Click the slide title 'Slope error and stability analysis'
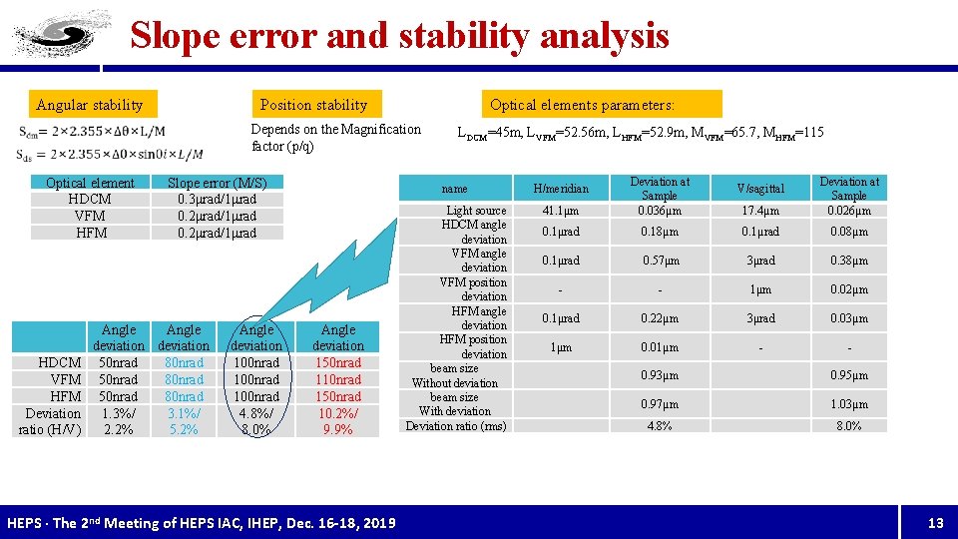(399, 36)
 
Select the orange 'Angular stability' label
(90, 105)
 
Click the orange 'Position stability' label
(313, 105)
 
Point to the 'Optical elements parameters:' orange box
(582, 105)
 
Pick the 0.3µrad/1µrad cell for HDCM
(217, 199)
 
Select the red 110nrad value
(338, 379)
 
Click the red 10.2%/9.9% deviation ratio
(338, 421)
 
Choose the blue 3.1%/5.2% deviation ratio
(184, 421)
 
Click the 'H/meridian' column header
(561, 189)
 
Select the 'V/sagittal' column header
(760, 189)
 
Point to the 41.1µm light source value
(561, 211)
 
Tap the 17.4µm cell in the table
(760, 211)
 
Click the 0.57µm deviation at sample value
(660, 261)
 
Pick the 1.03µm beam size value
(849, 404)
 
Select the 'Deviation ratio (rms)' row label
(455, 426)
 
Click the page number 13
(935, 523)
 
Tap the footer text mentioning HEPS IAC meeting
(201, 523)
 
